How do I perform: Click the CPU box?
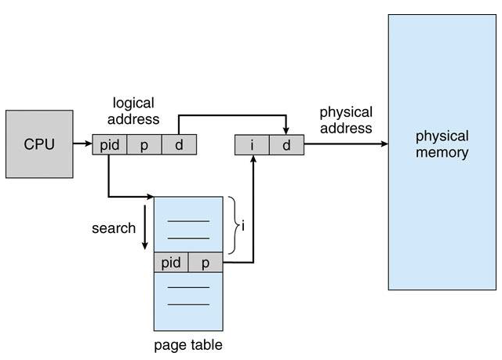point(39,144)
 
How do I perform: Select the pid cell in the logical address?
point(110,144)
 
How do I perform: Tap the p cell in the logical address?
point(144,144)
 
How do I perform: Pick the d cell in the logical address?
point(180,144)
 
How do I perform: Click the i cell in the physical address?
point(252,145)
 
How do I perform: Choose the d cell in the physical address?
point(287,145)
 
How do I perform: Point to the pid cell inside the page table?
point(171,263)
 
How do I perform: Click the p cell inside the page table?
point(206,263)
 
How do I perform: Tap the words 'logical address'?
point(133,111)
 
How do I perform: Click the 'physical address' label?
point(346,120)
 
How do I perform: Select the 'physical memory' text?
point(442,144)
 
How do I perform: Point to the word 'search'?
point(114,228)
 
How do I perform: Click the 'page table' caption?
point(188,345)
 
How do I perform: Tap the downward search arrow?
point(144,227)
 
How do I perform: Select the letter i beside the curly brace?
point(243,226)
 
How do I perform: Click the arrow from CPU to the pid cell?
point(82,144)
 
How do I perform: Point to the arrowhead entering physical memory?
point(384,144)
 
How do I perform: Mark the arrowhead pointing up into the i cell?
point(253,158)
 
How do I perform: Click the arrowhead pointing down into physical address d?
point(286,131)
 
